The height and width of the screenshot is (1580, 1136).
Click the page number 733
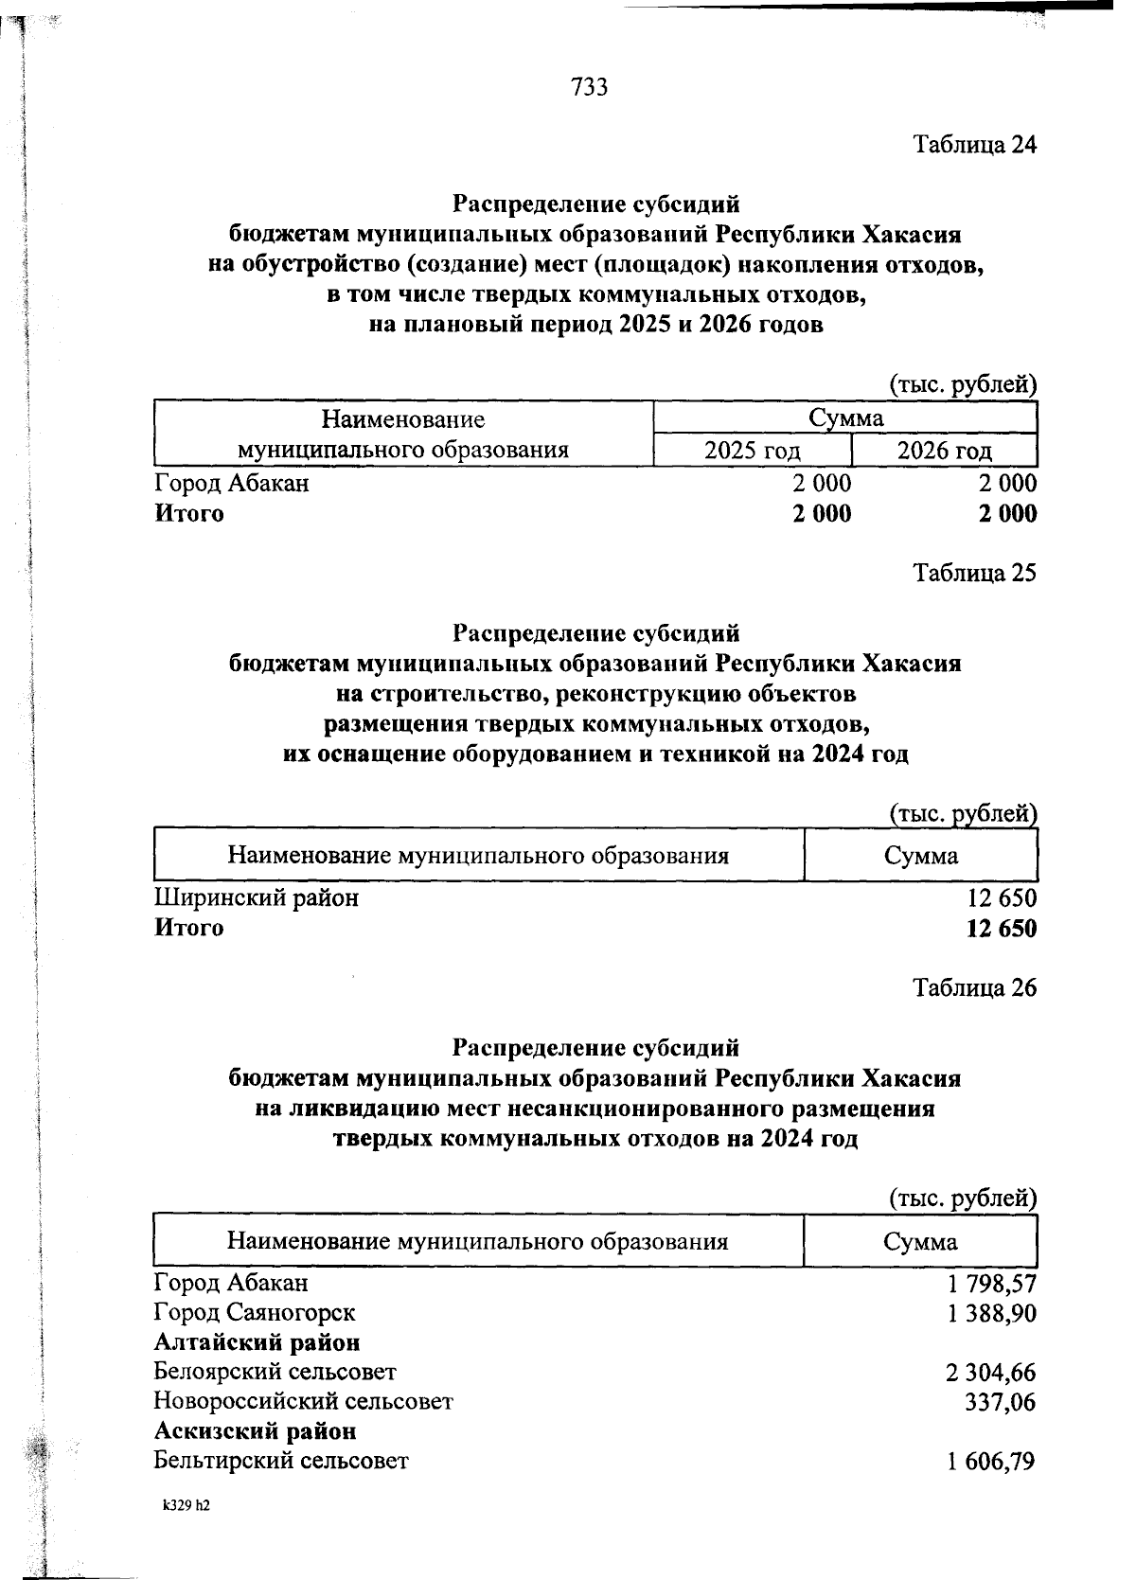(x=589, y=88)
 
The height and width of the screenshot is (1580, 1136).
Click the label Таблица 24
(x=974, y=145)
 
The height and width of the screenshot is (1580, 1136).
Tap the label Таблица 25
(x=974, y=573)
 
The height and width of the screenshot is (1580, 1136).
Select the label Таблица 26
(x=974, y=988)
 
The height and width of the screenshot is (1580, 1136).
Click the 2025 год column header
(x=752, y=451)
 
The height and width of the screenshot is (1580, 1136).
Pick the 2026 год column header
(x=944, y=451)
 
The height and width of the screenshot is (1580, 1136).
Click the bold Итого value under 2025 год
(x=822, y=514)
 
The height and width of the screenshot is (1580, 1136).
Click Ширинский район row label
(x=257, y=897)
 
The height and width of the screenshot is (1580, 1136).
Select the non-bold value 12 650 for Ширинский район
(x=1001, y=897)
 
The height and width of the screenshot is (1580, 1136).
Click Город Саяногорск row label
(x=255, y=1313)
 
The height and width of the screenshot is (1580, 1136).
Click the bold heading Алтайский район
(x=257, y=1342)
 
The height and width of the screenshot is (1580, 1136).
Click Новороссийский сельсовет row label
(x=303, y=1401)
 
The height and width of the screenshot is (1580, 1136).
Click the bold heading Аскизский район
(x=255, y=1430)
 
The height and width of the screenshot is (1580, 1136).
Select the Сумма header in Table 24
(x=845, y=418)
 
